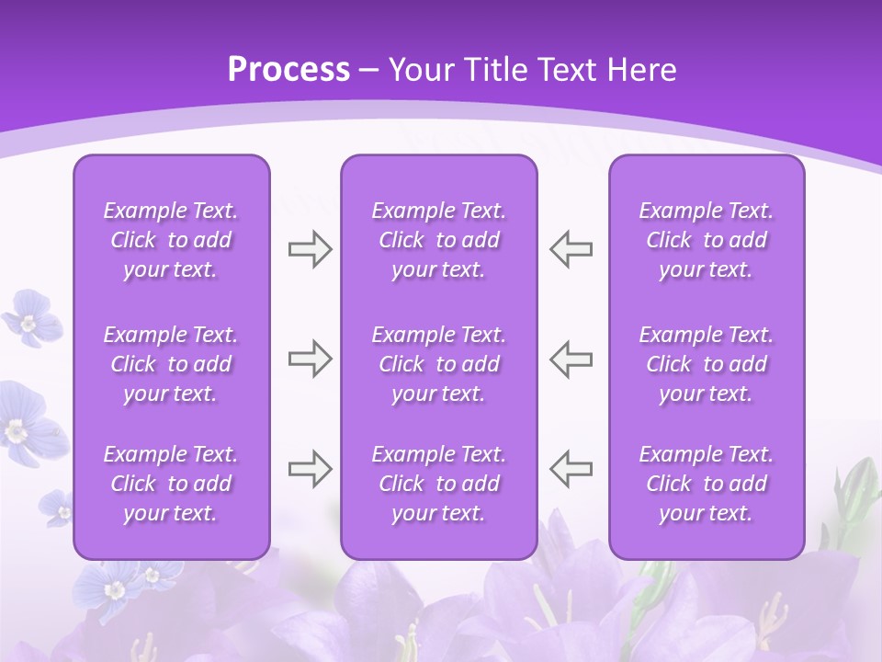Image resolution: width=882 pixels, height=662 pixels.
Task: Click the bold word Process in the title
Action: (x=288, y=70)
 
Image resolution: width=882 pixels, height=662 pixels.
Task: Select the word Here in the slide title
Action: (x=640, y=70)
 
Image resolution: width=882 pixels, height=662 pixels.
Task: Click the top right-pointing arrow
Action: (x=310, y=249)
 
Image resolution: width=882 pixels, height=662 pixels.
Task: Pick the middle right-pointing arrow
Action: (x=310, y=359)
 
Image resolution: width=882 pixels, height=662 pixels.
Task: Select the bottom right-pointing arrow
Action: (x=310, y=469)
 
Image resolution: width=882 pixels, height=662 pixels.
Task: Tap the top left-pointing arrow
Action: (x=571, y=249)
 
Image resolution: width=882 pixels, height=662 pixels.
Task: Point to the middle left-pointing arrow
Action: (x=571, y=359)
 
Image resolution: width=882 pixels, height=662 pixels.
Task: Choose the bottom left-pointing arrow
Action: (x=571, y=469)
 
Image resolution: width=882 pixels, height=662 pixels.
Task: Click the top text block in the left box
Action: (x=171, y=240)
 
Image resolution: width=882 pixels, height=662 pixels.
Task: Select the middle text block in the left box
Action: (x=171, y=364)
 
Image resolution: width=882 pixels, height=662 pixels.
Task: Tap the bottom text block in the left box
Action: (x=171, y=484)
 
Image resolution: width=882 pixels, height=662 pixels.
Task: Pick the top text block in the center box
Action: (x=439, y=240)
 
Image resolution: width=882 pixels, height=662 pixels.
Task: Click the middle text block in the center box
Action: (x=439, y=364)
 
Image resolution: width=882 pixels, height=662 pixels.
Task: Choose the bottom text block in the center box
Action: (x=439, y=484)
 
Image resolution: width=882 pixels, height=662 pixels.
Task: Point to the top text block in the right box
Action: (x=707, y=240)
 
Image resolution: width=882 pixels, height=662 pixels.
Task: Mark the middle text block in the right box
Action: (x=707, y=364)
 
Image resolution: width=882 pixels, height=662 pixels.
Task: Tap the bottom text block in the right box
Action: (x=707, y=484)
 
